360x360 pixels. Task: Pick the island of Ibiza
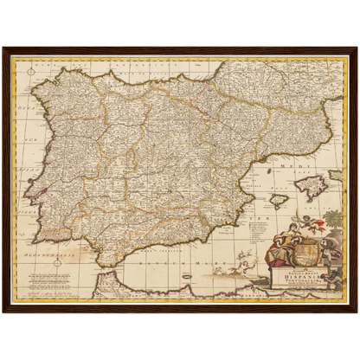tap(280, 201)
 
